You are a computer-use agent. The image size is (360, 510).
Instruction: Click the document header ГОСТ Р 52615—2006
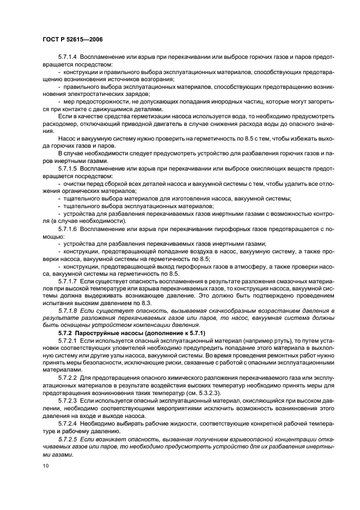(x=65, y=40)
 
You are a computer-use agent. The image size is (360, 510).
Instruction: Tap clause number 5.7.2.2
(x=69, y=377)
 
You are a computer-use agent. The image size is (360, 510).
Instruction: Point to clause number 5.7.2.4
(x=69, y=423)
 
